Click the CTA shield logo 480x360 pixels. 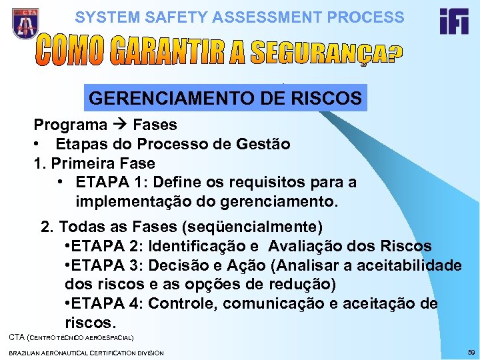tap(25, 24)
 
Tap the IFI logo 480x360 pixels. tap(453, 23)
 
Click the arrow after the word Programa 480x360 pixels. tap(120, 125)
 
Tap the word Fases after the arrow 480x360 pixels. tap(155, 125)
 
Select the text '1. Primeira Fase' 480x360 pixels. tap(94, 163)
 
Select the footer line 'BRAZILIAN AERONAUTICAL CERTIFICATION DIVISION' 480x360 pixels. tap(86, 352)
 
